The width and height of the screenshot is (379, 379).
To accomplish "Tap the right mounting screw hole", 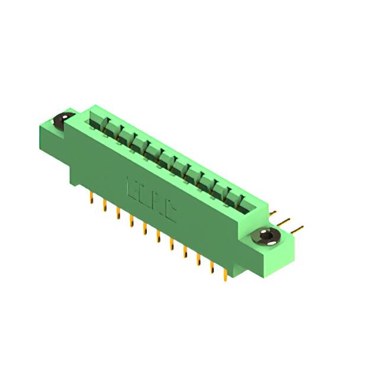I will pos(265,237).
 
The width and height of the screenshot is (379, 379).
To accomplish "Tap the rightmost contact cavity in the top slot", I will pos(239,204).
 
